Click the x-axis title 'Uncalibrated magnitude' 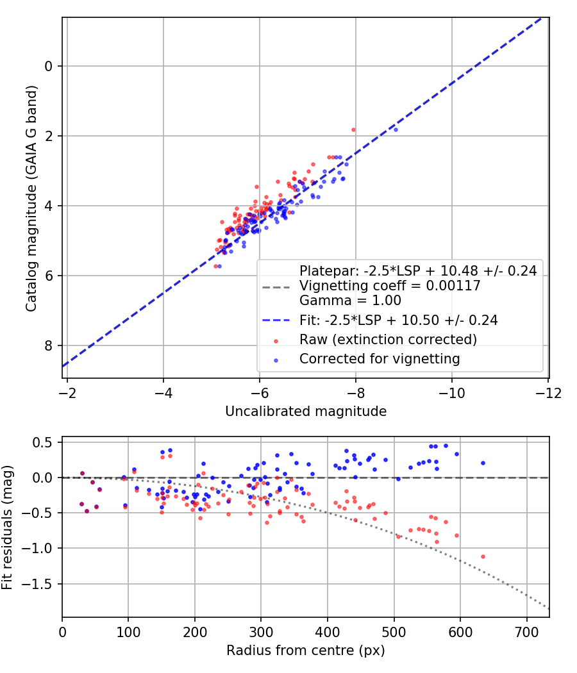[x=306, y=411]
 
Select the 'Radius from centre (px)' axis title [x=306, y=651]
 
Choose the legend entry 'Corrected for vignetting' [x=380, y=359]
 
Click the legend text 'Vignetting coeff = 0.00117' [x=390, y=287]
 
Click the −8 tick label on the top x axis [x=355, y=392]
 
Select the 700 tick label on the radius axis [x=526, y=633]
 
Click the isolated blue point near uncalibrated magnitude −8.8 [x=396, y=129]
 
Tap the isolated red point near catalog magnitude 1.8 [x=353, y=129]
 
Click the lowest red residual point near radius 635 [x=483, y=556]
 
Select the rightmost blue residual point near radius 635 [x=483, y=463]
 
